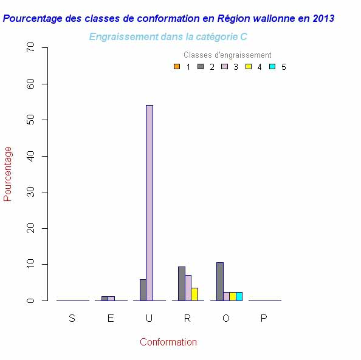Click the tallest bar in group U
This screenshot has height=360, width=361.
click(x=150, y=203)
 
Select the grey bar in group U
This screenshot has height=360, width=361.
click(x=143, y=290)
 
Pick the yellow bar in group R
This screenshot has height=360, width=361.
click(x=194, y=294)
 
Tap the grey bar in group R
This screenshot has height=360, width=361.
click(x=181, y=284)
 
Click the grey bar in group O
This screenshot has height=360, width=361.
click(x=219, y=282)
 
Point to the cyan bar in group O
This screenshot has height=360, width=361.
click(x=239, y=296)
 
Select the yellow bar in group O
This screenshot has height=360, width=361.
click(x=233, y=296)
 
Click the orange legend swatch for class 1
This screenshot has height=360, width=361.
click(x=176, y=66)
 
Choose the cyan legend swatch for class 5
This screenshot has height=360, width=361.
click(x=272, y=66)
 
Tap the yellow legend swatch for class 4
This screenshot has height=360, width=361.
click(x=248, y=66)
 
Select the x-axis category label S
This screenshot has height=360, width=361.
click(x=72, y=319)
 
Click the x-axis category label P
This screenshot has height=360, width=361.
click(x=264, y=319)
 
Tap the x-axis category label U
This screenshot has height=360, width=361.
click(x=149, y=319)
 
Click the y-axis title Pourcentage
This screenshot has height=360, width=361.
click(x=8, y=174)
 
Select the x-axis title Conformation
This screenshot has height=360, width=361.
click(x=168, y=342)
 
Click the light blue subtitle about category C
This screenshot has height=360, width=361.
click(x=168, y=37)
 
